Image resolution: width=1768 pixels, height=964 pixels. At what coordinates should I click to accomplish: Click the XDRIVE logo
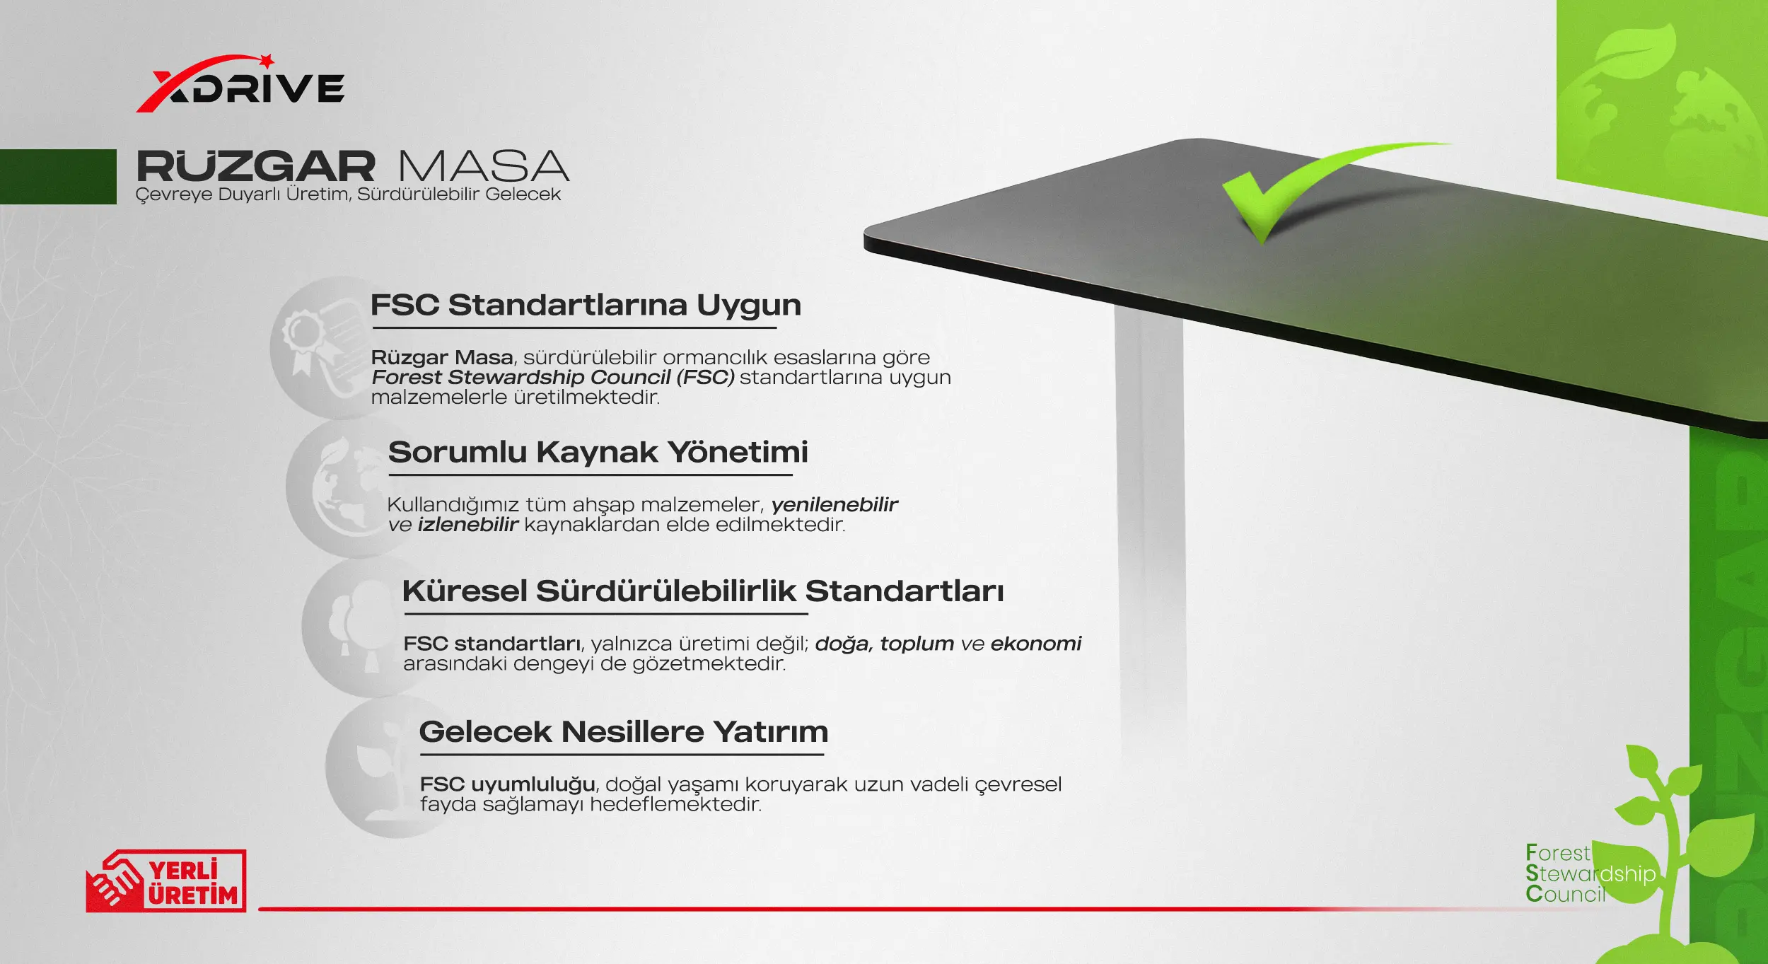[x=240, y=83]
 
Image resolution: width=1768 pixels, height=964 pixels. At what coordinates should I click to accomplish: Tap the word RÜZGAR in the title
[x=255, y=166]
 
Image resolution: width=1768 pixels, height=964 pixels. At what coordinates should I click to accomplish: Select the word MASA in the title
[x=484, y=166]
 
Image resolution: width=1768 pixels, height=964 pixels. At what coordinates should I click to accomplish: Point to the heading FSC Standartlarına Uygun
[x=586, y=305]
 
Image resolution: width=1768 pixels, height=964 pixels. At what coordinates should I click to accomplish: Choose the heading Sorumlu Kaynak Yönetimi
[x=598, y=451]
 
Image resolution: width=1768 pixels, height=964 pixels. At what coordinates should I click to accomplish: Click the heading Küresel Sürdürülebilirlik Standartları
[x=702, y=591]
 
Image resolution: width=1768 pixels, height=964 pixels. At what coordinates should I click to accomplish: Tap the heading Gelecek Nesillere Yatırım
[x=623, y=731]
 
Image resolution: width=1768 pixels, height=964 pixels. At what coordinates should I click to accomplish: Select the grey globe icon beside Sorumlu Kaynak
[x=347, y=488]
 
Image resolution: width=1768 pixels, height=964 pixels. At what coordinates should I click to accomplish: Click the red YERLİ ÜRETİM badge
[x=166, y=881]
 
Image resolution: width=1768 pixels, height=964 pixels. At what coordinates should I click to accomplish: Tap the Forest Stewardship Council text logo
[x=1590, y=873]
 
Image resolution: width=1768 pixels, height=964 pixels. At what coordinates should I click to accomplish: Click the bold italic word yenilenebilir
[x=834, y=504]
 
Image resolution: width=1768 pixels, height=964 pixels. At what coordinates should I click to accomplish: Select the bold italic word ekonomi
[x=1036, y=644]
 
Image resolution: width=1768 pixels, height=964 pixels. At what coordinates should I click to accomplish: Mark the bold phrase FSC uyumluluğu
[x=507, y=784]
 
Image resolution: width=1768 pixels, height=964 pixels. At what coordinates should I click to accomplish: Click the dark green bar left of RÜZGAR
[x=58, y=177]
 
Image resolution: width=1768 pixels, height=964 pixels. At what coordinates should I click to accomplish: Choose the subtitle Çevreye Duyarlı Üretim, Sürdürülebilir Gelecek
[x=348, y=194]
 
